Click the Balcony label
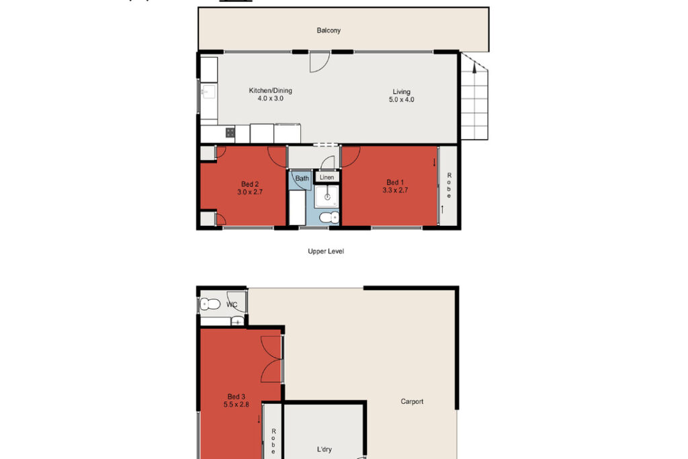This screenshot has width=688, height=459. [329, 30]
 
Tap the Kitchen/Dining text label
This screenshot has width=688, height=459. [271, 91]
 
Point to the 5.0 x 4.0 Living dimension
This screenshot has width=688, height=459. [402, 99]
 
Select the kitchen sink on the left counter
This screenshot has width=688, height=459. [208, 93]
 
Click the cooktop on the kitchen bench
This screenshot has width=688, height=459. [230, 132]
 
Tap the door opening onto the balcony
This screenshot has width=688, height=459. [318, 62]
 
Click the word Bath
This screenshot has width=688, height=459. [302, 178]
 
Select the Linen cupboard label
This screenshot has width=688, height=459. [327, 177]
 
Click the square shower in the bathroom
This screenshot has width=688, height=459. [327, 195]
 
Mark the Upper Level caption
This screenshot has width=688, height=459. [326, 251]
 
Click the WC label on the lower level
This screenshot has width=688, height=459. [232, 304]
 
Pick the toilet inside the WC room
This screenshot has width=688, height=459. [211, 304]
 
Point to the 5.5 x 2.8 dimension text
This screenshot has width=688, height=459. [236, 405]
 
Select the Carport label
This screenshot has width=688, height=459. [412, 402]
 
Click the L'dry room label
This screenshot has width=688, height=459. [325, 450]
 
